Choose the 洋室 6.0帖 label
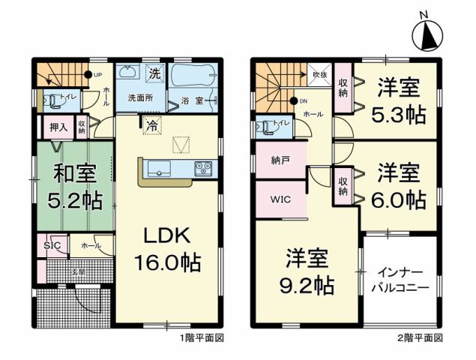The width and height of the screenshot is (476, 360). [397, 185]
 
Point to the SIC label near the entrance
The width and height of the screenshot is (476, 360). [52, 246]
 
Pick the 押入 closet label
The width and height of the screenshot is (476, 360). [59, 127]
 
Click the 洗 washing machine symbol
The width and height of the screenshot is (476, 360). [154, 74]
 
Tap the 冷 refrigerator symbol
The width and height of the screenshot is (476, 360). [152, 126]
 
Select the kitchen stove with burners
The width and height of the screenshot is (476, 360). [203, 169]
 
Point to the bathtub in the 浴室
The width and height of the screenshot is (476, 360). [192, 76]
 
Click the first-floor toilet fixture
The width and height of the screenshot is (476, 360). [51, 99]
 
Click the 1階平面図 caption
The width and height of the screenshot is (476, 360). [202, 339]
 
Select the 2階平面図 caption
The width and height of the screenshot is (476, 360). [421, 339]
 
